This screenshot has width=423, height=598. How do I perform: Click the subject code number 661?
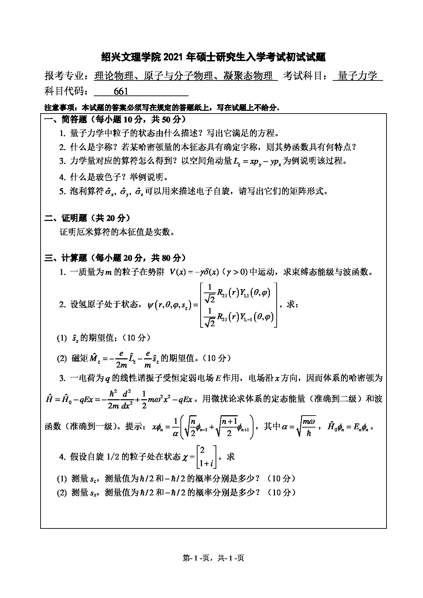121,91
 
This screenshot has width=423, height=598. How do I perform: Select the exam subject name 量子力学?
358,76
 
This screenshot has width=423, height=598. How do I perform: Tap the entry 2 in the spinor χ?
202,451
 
